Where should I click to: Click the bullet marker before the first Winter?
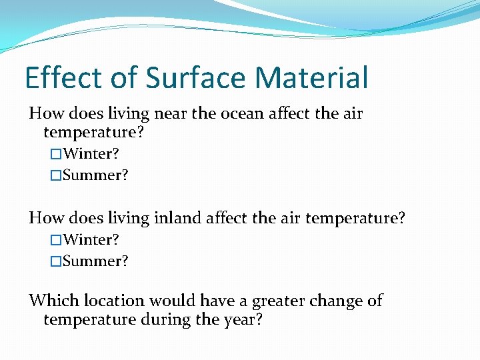(56, 155)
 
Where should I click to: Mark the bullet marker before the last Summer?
(56, 261)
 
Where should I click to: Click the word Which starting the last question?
(51, 300)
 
